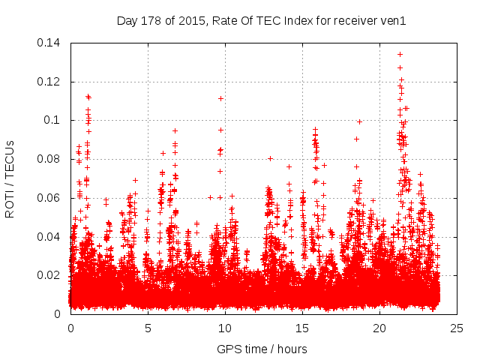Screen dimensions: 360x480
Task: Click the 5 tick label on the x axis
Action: pos(148,328)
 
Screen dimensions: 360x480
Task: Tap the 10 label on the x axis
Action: pos(225,328)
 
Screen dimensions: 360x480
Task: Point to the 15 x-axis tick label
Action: pos(302,328)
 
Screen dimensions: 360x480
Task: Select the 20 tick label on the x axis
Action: pos(379,328)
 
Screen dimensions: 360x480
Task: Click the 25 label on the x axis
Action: pos(457,328)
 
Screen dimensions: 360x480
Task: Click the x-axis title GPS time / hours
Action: pos(262,349)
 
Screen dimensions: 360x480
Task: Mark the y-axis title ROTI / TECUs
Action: pos(10,178)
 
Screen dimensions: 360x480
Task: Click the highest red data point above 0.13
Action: pos(400,54)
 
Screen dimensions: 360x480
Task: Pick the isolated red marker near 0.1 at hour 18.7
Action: pos(359,121)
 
